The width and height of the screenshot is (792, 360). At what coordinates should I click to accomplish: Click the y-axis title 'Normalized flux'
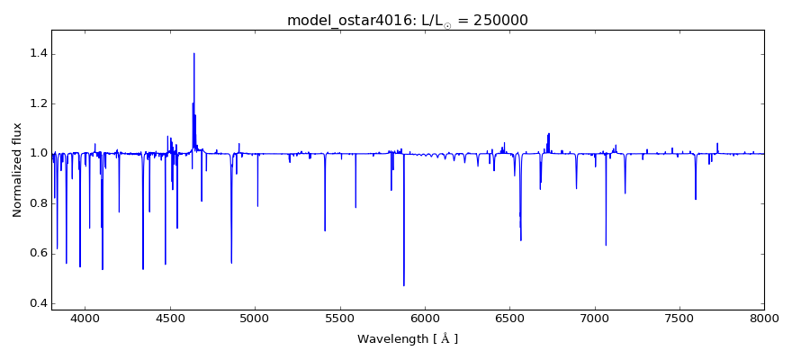click(x=17, y=169)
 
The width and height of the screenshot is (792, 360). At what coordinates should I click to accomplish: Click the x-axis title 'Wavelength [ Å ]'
click(x=408, y=339)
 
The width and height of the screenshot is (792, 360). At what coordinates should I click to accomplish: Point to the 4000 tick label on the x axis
click(x=85, y=318)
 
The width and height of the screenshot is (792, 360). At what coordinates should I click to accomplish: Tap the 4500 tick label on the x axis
click(x=170, y=318)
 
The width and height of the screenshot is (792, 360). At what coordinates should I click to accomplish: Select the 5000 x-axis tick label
click(x=255, y=318)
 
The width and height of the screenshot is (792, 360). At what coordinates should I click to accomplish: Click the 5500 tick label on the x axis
click(x=340, y=318)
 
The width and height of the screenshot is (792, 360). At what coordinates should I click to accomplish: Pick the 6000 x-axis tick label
click(x=425, y=318)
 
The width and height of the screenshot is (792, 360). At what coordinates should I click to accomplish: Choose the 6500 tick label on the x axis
click(x=509, y=318)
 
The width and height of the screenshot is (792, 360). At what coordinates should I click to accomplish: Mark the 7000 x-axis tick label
click(x=594, y=318)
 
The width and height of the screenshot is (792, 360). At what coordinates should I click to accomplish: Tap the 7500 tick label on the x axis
click(x=679, y=318)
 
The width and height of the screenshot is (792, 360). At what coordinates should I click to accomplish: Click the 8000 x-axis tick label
click(x=764, y=318)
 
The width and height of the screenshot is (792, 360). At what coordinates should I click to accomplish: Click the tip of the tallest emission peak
click(x=193, y=53)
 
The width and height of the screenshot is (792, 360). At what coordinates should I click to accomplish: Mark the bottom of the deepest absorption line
click(x=403, y=285)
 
